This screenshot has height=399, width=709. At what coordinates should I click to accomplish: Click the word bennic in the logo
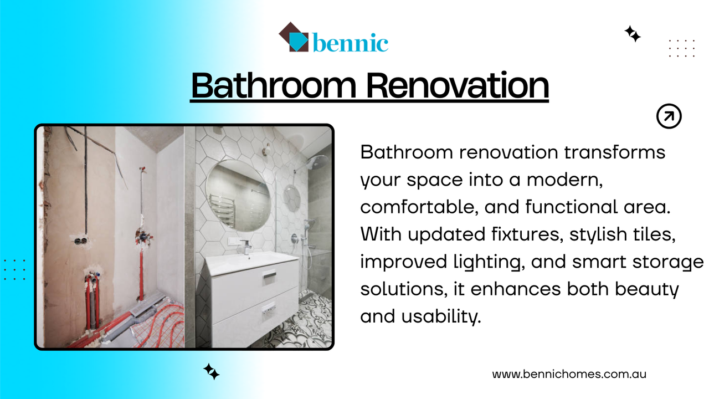click(x=350, y=42)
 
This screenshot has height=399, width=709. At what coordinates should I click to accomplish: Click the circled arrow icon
click(x=669, y=116)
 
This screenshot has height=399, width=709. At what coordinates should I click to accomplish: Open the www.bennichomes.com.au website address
click(x=569, y=374)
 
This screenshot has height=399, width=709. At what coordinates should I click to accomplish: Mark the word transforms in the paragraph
click(x=614, y=152)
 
